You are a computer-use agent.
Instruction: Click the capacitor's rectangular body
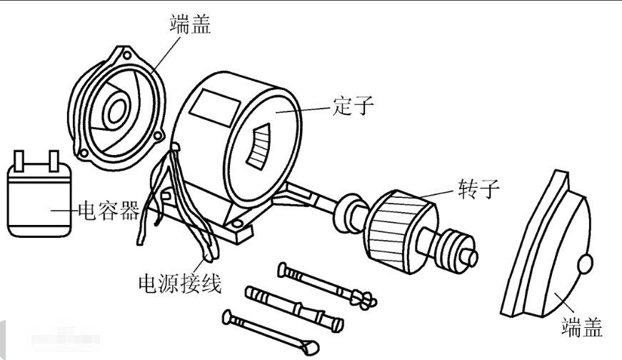(x=39, y=200)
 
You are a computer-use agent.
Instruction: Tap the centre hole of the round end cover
(x=115, y=108)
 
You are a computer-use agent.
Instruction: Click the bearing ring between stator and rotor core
(x=351, y=210)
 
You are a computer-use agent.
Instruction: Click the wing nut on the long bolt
(x=361, y=299)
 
